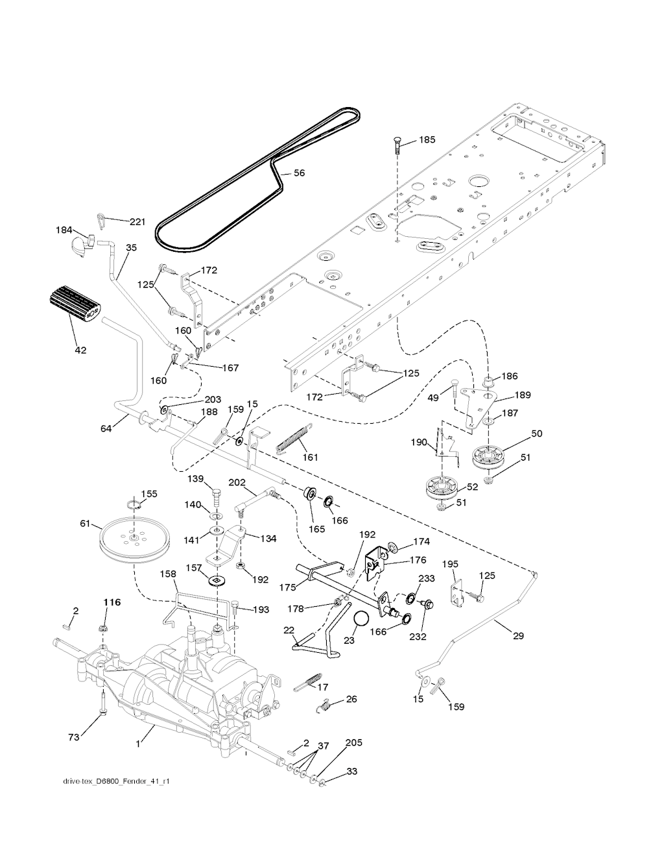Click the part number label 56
(x=300, y=173)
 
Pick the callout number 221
(x=137, y=222)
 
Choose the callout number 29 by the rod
(x=518, y=637)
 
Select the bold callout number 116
(x=112, y=603)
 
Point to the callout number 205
(x=353, y=742)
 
